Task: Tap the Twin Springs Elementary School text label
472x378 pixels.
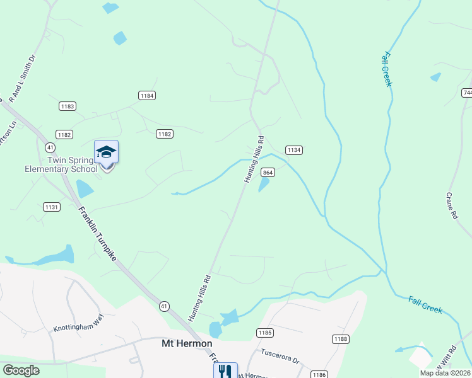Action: pyautogui.click(x=61, y=164)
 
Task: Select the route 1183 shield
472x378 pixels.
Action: pyautogui.click(x=68, y=106)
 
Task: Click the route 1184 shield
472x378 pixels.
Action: pyautogui.click(x=147, y=95)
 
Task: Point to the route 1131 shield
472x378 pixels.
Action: pyautogui.click(x=51, y=207)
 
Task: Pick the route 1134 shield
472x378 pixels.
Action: pyautogui.click(x=293, y=150)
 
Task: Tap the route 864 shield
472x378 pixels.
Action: pyautogui.click(x=268, y=173)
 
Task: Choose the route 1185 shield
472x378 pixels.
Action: pyautogui.click(x=264, y=332)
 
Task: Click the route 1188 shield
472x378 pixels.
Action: pyautogui.click(x=341, y=339)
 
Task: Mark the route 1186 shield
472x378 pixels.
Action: pyautogui.click(x=320, y=374)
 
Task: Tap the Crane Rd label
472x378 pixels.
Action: pyautogui.click(x=452, y=205)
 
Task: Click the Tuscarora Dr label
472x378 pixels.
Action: pyautogui.click(x=281, y=357)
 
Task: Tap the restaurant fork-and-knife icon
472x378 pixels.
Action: pyautogui.click(x=225, y=370)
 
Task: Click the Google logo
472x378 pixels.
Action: pyautogui.click(x=21, y=370)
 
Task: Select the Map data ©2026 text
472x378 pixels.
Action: pyautogui.click(x=445, y=373)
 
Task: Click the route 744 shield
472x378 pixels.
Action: pyautogui.click(x=467, y=93)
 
